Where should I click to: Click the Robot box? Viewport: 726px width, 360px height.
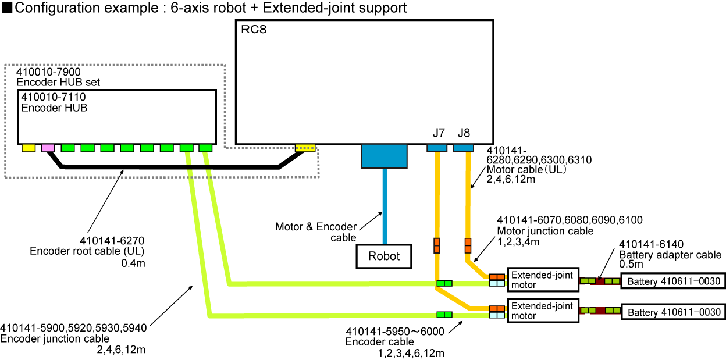(383, 256)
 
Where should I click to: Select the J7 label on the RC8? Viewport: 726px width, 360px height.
(439, 133)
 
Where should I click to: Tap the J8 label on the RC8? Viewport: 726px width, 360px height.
(464, 133)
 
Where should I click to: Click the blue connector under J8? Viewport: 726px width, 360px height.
(464, 148)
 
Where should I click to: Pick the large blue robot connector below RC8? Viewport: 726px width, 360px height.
(385, 156)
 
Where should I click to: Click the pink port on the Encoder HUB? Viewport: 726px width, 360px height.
(48, 148)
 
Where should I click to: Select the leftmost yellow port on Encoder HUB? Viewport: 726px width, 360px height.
(29, 148)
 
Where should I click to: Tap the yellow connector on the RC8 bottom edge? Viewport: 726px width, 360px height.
(305, 148)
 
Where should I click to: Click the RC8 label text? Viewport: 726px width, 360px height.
(254, 30)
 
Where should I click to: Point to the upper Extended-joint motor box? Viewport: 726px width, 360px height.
(543, 279)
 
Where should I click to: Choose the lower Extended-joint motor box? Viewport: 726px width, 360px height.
(543, 311)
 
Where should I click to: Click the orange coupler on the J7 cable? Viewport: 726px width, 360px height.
(437, 245)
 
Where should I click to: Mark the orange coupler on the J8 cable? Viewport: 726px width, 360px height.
(467, 245)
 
